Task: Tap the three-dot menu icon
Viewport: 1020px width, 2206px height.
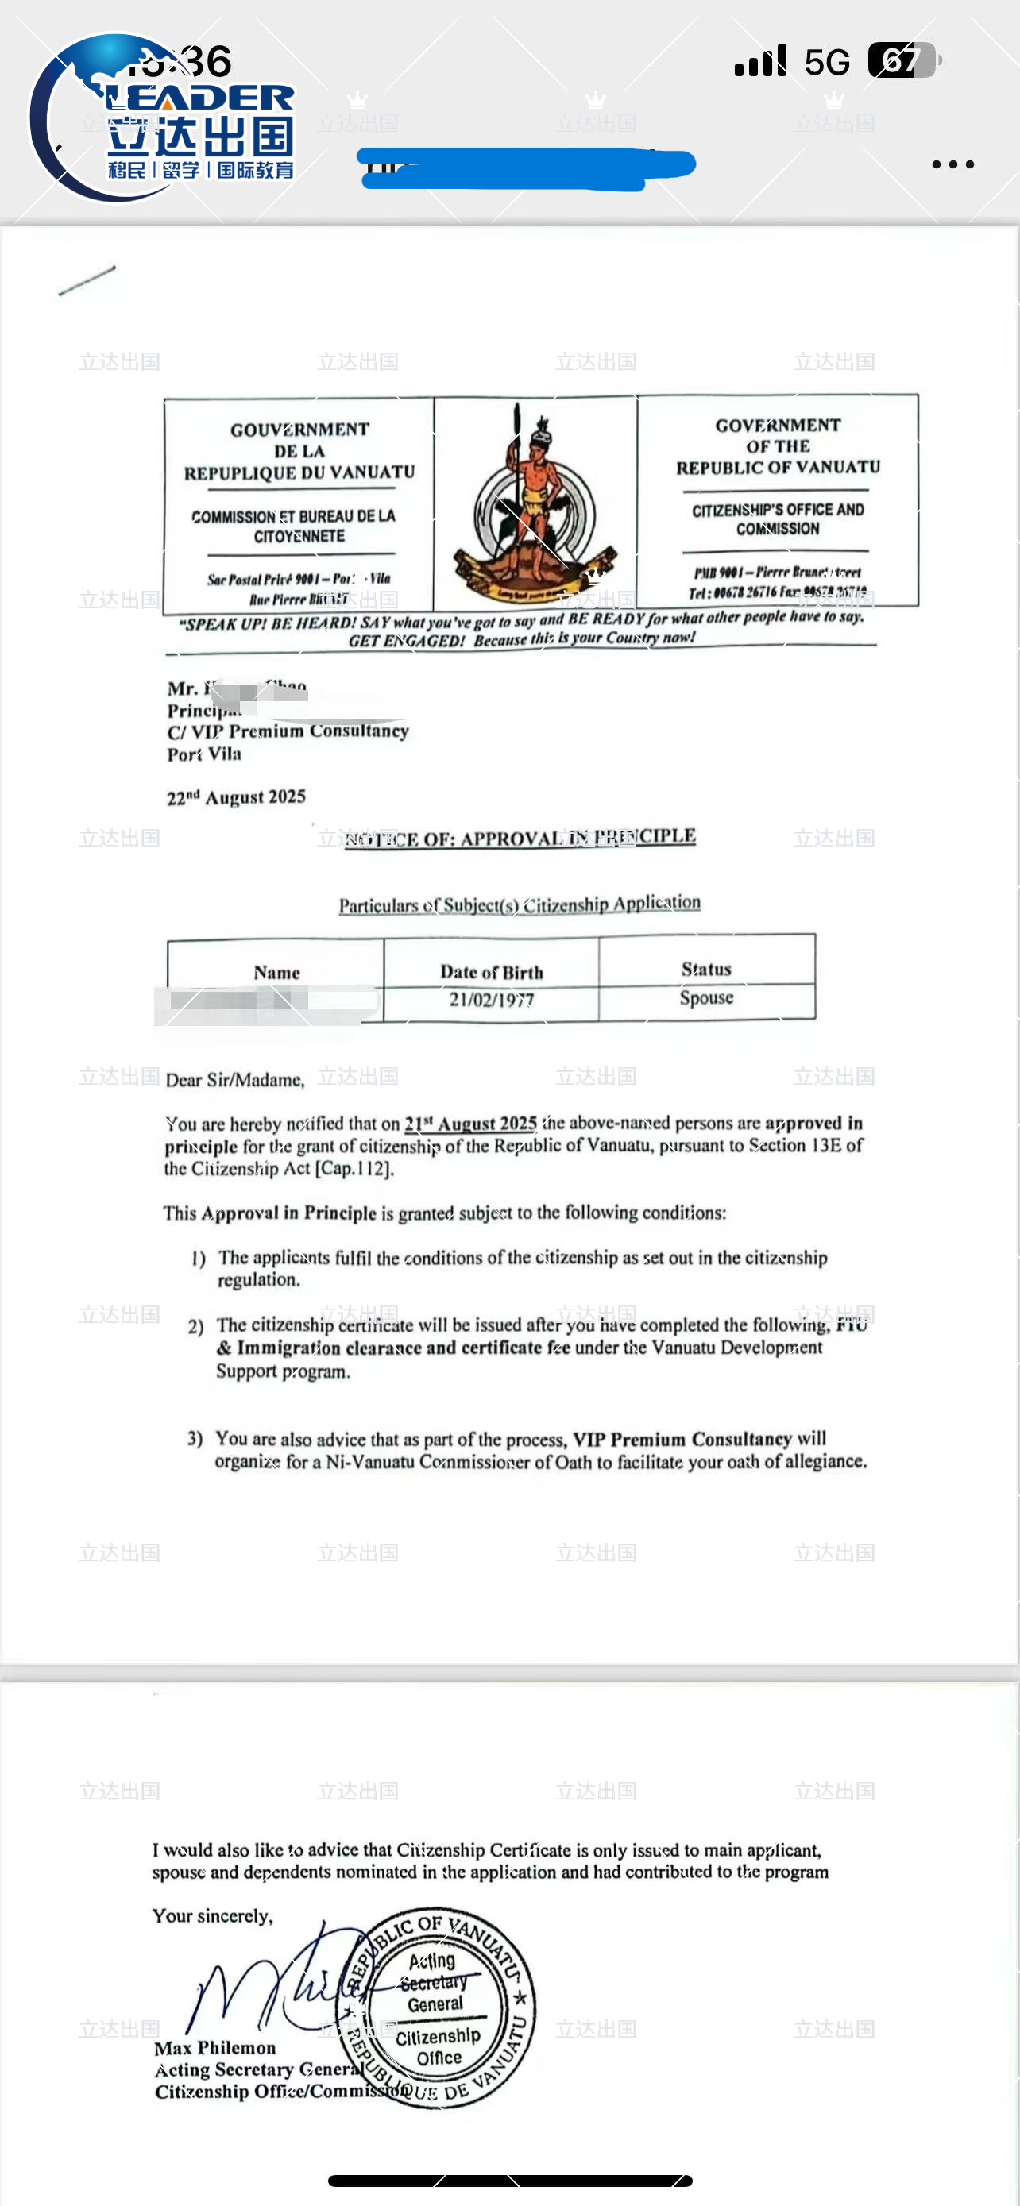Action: click(952, 164)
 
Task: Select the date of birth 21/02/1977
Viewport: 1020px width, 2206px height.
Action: click(492, 1000)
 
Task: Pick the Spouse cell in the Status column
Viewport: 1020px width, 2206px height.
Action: click(706, 997)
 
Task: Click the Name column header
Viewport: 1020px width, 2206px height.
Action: click(276, 972)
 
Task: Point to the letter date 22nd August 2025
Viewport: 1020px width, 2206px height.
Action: click(237, 797)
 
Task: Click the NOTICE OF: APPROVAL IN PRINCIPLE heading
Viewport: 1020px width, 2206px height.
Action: click(520, 838)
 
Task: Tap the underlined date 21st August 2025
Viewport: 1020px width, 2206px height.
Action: click(471, 1124)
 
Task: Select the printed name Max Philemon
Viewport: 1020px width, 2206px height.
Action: click(215, 2047)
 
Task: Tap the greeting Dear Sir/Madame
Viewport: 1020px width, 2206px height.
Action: click(234, 1080)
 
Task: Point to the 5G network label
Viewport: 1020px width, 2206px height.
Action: click(826, 62)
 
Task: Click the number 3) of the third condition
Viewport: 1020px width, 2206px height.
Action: click(195, 1439)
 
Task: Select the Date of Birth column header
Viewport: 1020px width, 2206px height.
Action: click(492, 972)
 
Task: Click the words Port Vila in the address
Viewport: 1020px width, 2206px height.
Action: click(204, 754)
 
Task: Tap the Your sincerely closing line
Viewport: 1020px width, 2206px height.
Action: click(212, 1916)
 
